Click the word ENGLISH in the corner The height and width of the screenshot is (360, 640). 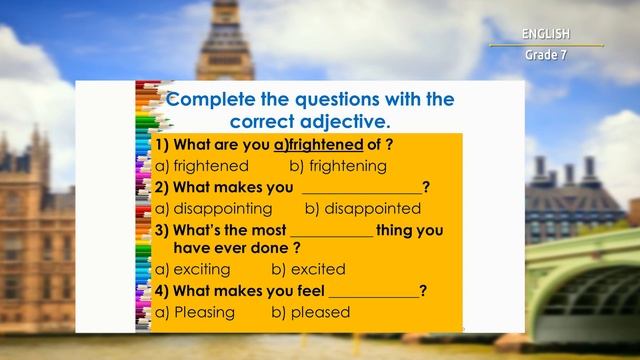click(x=545, y=34)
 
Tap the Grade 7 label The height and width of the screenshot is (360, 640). click(x=545, y=54)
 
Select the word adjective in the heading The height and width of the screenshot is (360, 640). click(x=339, y=122)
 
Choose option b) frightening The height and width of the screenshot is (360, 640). click(x=338, y=166)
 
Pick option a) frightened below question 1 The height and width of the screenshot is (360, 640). click(x=202, y=166)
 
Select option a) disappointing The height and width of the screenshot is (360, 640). click(x=214, y=209)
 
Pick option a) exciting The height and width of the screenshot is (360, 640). click(x=193, y=269)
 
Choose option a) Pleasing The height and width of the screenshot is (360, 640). click(x=195, y=312)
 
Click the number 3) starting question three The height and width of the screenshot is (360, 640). click(x=162, y=230)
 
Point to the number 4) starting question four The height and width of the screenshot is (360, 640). click(x=162, y=291)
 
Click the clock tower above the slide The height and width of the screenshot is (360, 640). click(x=224, y=40)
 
